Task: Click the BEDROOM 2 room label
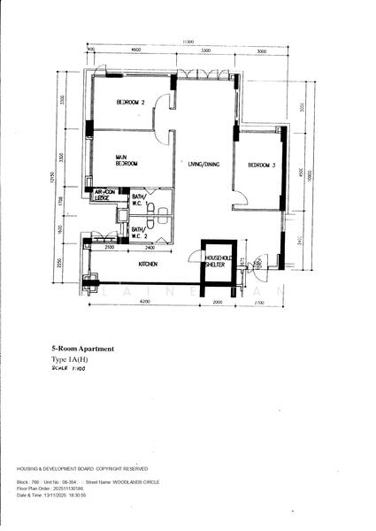[131, 103]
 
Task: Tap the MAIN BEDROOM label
[126, 160]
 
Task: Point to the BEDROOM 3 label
[262, 165]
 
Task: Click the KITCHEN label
[148, 264]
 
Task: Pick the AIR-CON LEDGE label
[107, 195]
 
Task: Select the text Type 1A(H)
[71, 362]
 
